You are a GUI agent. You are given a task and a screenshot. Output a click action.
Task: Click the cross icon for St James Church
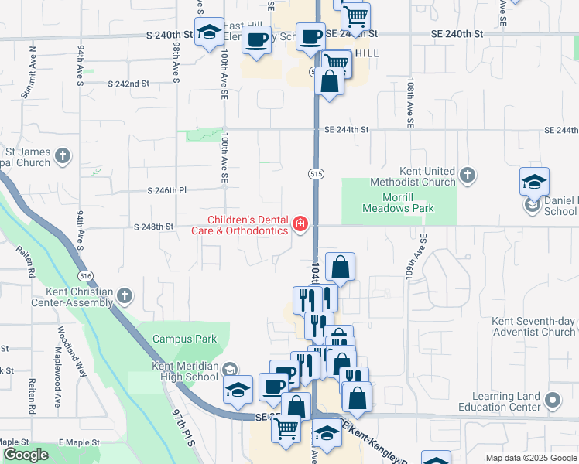pyautogui.click(x=63, y=157)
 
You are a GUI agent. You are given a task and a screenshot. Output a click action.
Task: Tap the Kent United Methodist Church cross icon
pyautogui.click(x=468, y=176)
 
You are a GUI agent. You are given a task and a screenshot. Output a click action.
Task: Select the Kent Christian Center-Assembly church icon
pyautogui.click(x=124, y=295)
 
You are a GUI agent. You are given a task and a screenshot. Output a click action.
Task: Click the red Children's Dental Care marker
pyautogui.click(x=300, y=225)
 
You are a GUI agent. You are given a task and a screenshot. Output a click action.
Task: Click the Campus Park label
pyautogui.click(x=185, y=339)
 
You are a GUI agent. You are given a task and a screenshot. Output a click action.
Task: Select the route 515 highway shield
pyautogui.click(x=317, y=174)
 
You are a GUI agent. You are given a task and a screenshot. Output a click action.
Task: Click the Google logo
pyautogui.click(x=26, y=455)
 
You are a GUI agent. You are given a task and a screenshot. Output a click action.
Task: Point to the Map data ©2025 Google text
pyautogui.click(x=529, y=458)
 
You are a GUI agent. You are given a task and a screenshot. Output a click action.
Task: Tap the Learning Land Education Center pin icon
pyautogui.click(x=552, y=401)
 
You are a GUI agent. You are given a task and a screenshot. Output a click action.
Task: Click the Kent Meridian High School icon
pyautogui.click(x=228, y=370)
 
